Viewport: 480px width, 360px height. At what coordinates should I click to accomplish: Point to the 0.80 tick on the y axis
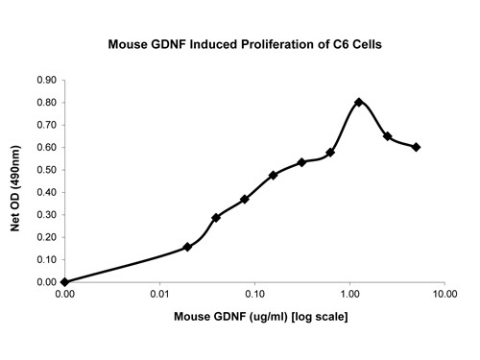pyautogui.click(x=46, y=103)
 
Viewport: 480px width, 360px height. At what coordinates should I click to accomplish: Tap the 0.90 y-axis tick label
pyautogui.click(x=46, y=80)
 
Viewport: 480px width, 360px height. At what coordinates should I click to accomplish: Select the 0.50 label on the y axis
pyautogui.click(x=46, y=170)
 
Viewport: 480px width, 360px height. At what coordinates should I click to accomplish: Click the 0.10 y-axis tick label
pyautogui.click(x=46, y=260)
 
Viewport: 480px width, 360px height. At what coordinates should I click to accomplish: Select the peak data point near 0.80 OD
pyautogui.click(x=358, y=102)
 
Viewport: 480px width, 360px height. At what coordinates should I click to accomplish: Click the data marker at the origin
pyautogui.click(x=64, y=282)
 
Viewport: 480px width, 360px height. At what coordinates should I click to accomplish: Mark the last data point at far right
pyautogui.click(x=416, y=147)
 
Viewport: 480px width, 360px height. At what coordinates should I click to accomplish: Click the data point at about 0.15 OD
pyautogui.click(x=187, y=247)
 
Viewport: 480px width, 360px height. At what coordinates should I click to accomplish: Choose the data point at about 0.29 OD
pyautogui.click(x=216, y=217)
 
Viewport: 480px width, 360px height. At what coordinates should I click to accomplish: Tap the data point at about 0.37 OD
pyautogui.click(x=245, y=199)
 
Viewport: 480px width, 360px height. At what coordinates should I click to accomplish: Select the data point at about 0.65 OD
pyautogui.click(x=387, y=136)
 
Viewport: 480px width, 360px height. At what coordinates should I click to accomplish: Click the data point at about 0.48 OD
pyautogui.click(x=274, y=175)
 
